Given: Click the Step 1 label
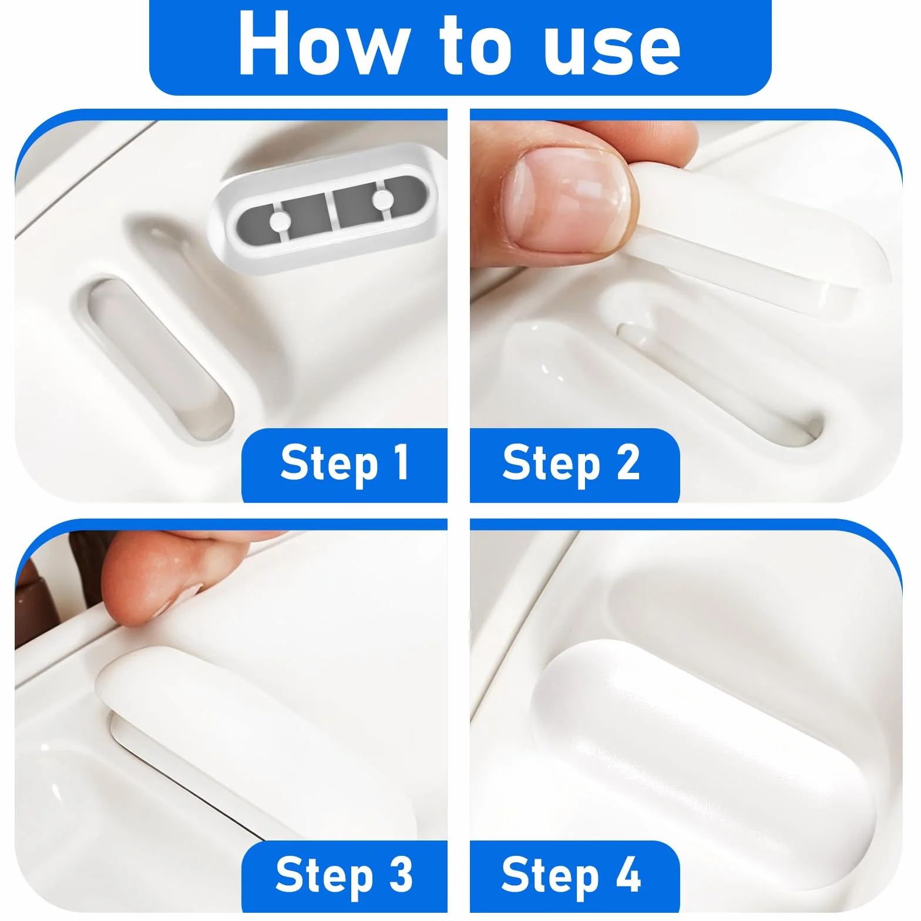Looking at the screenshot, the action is coord(344,463).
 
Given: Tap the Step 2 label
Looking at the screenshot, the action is coord(571,463).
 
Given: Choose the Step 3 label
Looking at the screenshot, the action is coord(344,875).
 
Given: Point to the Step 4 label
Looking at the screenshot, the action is coord(571,875).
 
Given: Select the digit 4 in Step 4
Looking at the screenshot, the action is coord(628,873).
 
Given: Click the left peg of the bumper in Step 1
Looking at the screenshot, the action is coord(280,221).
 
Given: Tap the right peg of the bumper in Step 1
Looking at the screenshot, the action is coord(383,200).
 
